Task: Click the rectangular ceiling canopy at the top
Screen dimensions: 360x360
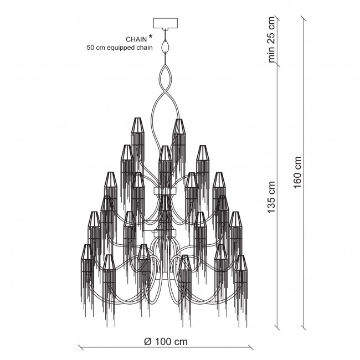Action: pos(165,23)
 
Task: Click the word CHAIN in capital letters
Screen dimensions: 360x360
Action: pos(136,39)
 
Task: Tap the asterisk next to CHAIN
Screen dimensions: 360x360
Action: pos(151,37)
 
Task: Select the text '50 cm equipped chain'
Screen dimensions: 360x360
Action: pos(120,48)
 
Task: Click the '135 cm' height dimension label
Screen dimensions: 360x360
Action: pos(271,197)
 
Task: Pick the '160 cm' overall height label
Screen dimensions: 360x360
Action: pos(297,172)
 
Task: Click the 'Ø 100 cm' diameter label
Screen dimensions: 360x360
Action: pos(166,342)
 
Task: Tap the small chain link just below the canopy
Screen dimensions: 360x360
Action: pos(165,47)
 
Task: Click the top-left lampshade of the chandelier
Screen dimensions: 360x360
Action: pos(137,125)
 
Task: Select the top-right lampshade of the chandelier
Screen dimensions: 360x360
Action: pos(179,126)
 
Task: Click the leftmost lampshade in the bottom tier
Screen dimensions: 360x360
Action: pos(88,253)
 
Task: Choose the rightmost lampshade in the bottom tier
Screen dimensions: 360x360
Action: pos(240,263)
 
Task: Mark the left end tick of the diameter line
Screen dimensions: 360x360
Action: pos(81,347)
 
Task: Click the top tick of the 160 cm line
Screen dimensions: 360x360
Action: pos(304,18)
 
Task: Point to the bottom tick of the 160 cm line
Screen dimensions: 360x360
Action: pos(304,327)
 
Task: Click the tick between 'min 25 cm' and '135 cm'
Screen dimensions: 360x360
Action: pos(277,64)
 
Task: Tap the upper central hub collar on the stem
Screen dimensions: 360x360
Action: pos(165,191)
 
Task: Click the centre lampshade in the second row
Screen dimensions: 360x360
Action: pos(165,153)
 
